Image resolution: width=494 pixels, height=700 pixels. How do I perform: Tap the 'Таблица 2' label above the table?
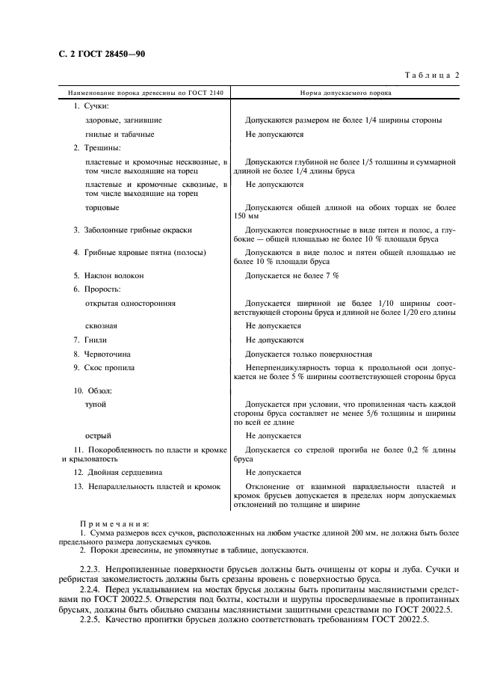point(433,75)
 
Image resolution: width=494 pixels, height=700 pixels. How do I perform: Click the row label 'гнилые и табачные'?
point(120,134)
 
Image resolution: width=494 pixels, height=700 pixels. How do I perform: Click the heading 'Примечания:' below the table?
point(114,524)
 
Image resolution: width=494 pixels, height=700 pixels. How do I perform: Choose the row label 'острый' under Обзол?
point(99,435)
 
